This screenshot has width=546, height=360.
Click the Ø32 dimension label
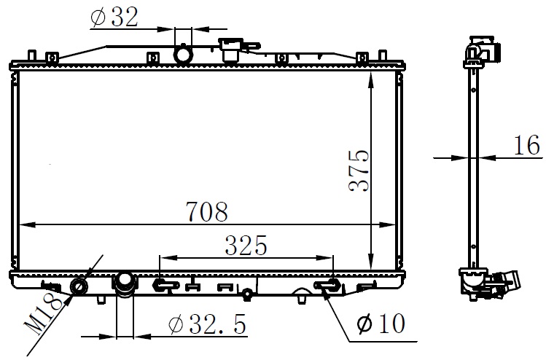(114, 17)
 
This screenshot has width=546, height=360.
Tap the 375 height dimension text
(359, 171)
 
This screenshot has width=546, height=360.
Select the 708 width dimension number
(207, 211)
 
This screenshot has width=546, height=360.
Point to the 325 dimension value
(246, 245)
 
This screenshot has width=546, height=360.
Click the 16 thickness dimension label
(527, 145)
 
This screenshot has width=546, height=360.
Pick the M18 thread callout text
(43, 313)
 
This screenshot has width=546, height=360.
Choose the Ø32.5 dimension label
(208, 324)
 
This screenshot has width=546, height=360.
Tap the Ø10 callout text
(381, 324)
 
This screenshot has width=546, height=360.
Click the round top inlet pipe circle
(183, 54)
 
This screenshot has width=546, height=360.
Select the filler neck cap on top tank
(230, 49)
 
